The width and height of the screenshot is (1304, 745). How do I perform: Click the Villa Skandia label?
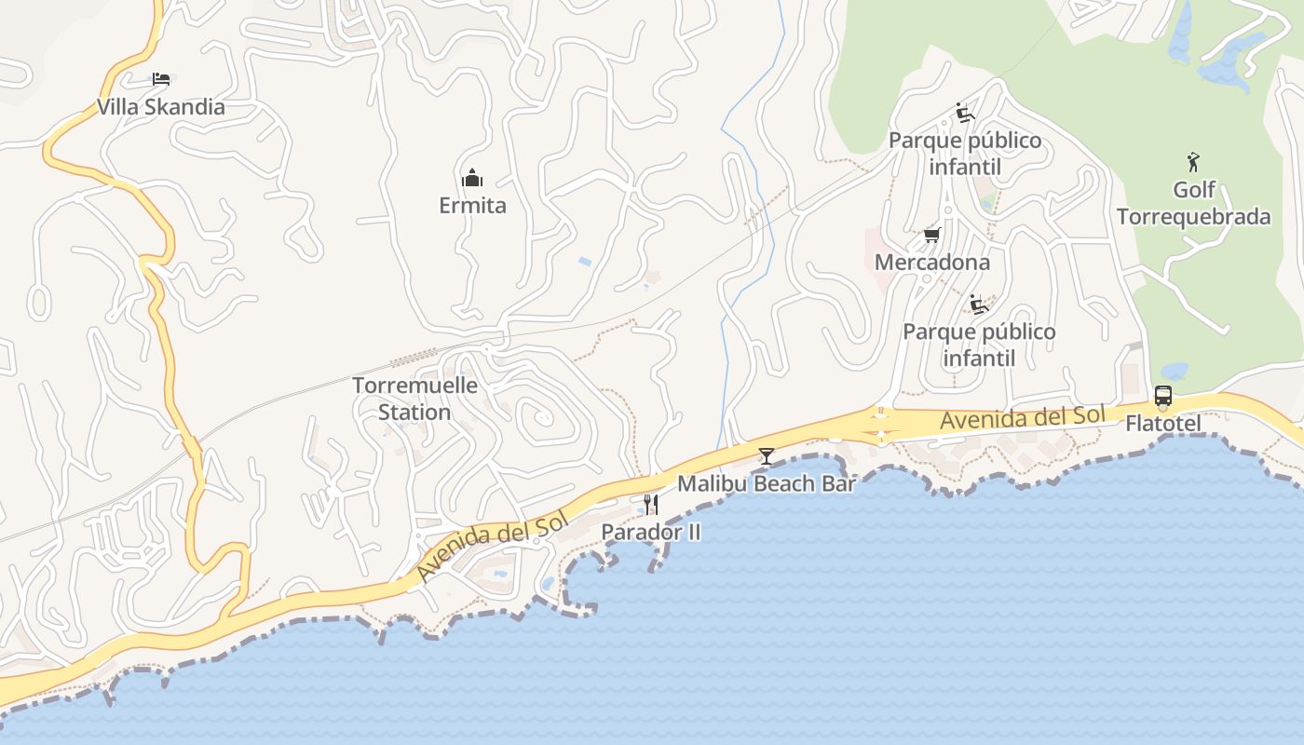pyautogui.click(x=160, y=107)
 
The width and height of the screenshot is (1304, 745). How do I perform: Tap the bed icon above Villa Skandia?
pyautogui.click(x=161, y=78)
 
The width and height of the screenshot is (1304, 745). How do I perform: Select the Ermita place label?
pyautogui.click(x=472, y=206)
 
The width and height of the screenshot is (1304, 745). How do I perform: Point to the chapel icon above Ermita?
pyautogui.click(x=472, y=177)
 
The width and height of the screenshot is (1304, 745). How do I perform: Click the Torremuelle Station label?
pyautogui.click(x=414, y=399)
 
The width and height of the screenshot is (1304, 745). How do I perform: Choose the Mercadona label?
pyautogui.click(x=931, y=263)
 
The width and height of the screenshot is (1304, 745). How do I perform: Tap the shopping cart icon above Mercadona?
pyautogui.click(x=931, y=235)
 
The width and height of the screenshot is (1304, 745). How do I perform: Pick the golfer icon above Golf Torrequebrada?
pyautogui.click(x=1193, y=162)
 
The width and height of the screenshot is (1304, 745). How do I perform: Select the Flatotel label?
pyautogui.click(x=1163, y=424)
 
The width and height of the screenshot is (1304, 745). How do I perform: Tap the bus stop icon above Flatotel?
pyautogui.click(x=1163, y=396)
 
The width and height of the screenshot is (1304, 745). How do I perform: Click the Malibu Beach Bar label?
pyautogui.click(x=766, y=484)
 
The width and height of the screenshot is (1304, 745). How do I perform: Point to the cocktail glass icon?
pyautogui.click(x=766, y=455)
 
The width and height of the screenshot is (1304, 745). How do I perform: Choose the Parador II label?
pyautogui.click(x=650, y=533)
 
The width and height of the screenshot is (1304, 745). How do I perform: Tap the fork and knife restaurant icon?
pyautogui.click(x=650, y=505)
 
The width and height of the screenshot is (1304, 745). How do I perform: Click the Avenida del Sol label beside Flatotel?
pyautogui.click(x=1022, y=418)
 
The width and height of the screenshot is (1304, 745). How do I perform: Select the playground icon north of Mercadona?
pyautogui.click(x=964, y=113)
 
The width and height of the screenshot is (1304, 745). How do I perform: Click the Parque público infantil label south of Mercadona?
pyautogui.click(x=979, y=345)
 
